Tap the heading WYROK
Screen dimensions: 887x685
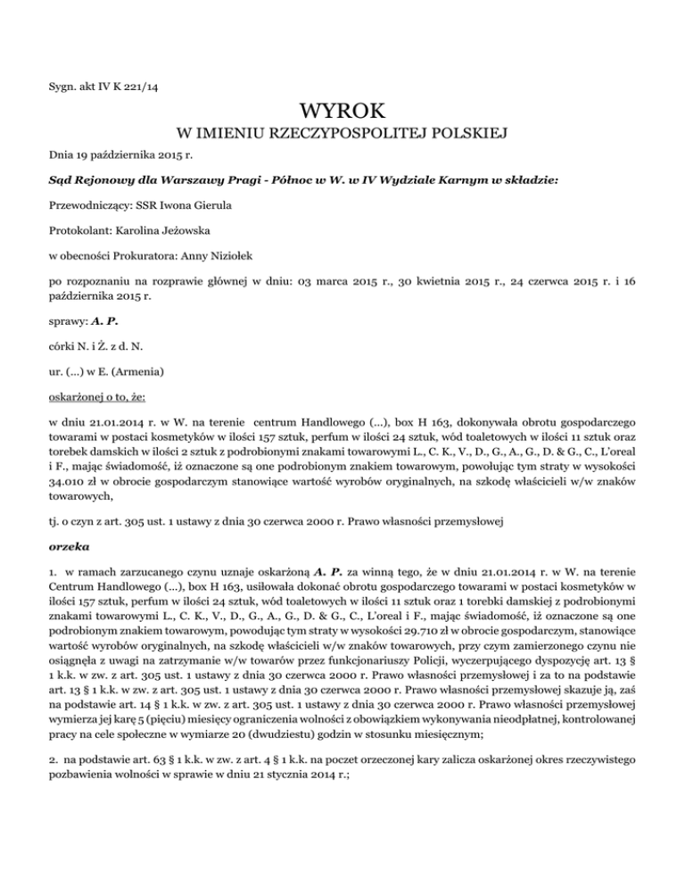point(342,112)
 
